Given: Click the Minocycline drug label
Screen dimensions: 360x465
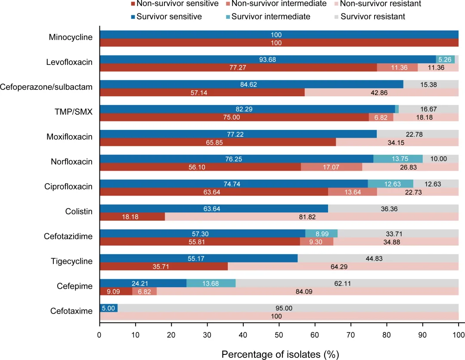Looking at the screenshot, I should pos(71,37).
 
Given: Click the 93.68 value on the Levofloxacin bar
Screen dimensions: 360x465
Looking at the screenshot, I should pos(267,59).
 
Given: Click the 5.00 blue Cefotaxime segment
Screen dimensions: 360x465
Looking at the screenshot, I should pos(108,308).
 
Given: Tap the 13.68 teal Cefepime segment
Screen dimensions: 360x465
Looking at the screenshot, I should pos(211,283).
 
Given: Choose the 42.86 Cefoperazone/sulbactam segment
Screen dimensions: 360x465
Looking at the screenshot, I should pos(381,92).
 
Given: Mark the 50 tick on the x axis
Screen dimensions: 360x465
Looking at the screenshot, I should pos(279,334).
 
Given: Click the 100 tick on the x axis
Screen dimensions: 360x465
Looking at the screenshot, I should pos(458,334).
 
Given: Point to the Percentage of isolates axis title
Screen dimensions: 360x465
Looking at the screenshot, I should pos(280,354).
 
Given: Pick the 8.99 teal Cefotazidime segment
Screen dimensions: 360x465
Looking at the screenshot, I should pos(321,233).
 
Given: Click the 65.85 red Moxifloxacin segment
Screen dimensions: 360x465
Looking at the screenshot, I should pos(218,142).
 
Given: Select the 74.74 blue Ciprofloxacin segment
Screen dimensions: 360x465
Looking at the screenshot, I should pos(233,184).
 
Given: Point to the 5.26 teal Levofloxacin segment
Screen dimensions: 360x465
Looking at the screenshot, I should pos(445,59).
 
